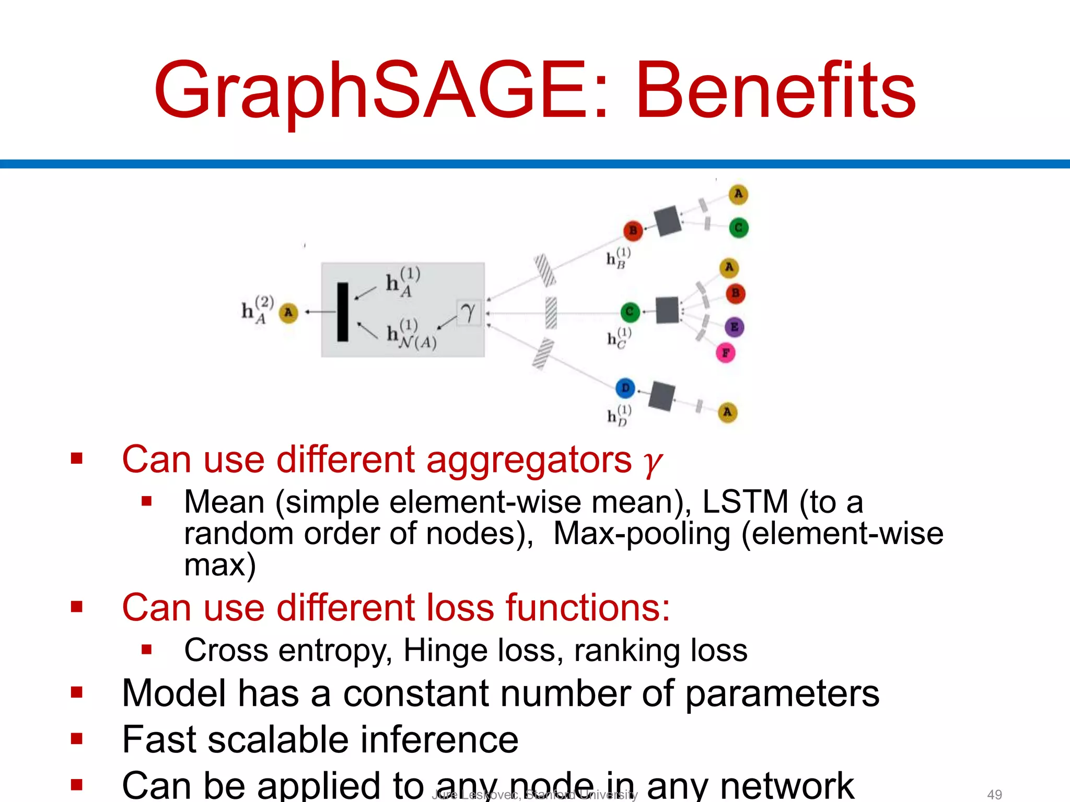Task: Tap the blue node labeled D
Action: pos(625,388)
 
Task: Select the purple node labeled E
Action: pos(734,327)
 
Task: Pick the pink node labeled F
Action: pos(726,353)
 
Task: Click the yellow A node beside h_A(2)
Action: pos(288,312)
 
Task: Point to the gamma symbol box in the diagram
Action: pos(468,313)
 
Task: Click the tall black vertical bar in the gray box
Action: pos(343,312)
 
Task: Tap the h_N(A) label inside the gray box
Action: pos(412,334)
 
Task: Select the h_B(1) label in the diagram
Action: pos(618,258)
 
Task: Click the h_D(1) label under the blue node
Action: pos(619,416)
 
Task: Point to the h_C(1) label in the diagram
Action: pos(619,338)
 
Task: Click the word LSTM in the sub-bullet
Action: pos(745,502)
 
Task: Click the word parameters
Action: pos(782,694)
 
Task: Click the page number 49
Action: pos(994,794)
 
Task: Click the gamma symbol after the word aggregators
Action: pos(653,462)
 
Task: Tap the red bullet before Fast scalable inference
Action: pos(77,738)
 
